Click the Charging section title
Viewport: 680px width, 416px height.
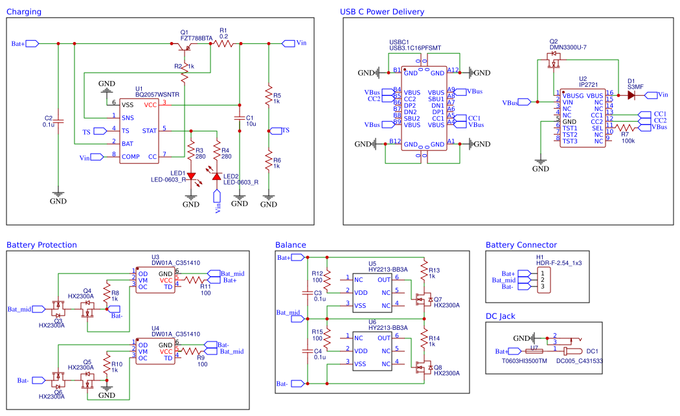click(25, 12)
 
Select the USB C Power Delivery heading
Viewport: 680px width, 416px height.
click(382, 12)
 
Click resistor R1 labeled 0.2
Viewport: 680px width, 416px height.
click(223, 43)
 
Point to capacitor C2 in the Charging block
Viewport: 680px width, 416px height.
click(58, 121)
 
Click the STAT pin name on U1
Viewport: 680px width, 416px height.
click(149, 130)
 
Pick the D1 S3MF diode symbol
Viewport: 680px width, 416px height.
click(631, 95)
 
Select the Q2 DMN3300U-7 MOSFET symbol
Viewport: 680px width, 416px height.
click(554, 63)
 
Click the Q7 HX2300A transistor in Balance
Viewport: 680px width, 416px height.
click(422, 299)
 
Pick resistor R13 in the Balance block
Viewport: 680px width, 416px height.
click(424, 270)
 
